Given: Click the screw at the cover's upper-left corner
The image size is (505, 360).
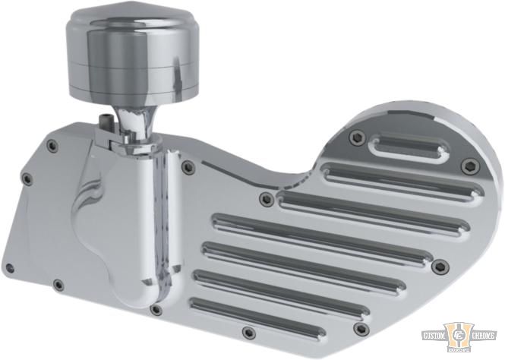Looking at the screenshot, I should (50, 145).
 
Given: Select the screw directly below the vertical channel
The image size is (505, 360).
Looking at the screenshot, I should (156, 310).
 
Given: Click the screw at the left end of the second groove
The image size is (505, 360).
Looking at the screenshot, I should (266, 200).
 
